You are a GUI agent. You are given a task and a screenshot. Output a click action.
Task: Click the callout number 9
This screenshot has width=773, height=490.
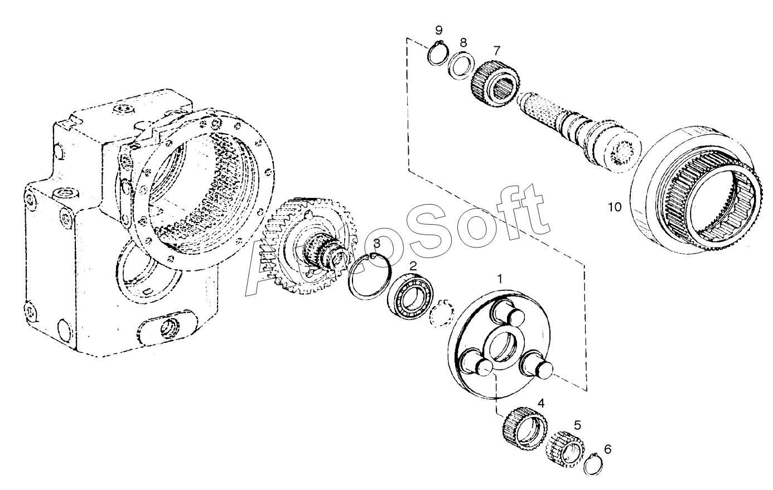tap(438, 30)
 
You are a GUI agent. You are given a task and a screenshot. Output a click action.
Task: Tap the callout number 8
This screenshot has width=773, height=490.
tap(463, 43)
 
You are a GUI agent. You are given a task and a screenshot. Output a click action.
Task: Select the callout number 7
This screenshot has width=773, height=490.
tap(496, 51)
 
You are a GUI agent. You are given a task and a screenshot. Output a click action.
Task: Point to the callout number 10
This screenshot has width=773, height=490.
tap(614, 207)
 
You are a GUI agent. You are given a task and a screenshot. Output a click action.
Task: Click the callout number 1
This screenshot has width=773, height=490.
tap(500, 279)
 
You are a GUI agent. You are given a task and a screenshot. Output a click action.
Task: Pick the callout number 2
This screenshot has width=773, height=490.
tap(413, 266)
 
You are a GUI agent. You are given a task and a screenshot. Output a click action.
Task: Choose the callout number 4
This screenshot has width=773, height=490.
tap(541, 403)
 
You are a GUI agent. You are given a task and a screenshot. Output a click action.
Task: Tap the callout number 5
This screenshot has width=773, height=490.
tap(577, 425)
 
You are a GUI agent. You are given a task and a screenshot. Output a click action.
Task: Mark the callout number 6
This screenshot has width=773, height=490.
tap(608, 449)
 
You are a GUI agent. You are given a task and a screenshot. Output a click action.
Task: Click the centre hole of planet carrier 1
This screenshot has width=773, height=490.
tap(505, 348)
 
